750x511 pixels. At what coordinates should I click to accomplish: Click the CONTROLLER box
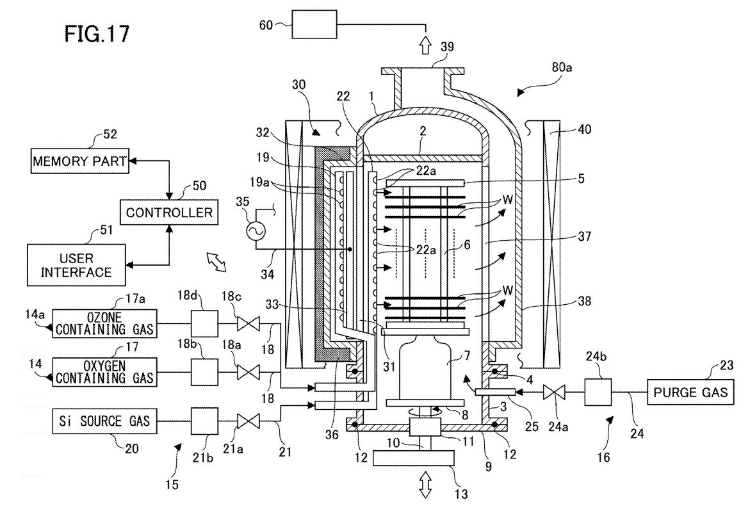tap(169, 212)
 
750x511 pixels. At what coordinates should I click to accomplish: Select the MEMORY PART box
tap(80, 161)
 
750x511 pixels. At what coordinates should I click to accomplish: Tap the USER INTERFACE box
tap(76, 265)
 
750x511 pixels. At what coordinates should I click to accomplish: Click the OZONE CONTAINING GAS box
tap(105, 323)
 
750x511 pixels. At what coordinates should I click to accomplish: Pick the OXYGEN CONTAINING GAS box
tap(105, 372)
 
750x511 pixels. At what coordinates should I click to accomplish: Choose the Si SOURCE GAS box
tap(105, 421)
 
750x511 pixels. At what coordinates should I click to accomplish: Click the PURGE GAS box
tap(690, 392)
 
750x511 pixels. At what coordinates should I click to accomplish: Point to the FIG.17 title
tap(97, 34)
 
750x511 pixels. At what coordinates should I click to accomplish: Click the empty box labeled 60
tap(314, 25)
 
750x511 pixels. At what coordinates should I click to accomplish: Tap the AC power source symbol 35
tap(256, 232)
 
